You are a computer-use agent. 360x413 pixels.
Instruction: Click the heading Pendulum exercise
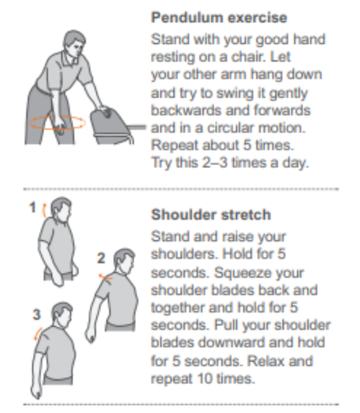219,18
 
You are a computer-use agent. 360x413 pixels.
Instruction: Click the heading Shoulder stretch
211,215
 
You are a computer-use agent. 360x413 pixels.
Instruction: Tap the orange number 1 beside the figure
33,208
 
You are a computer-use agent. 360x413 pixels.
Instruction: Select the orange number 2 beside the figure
101,258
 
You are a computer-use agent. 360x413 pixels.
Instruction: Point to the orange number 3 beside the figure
37,314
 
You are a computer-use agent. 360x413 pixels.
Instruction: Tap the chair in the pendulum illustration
114,126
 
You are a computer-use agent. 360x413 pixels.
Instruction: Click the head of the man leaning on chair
75,43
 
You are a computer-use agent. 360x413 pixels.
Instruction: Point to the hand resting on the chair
105,111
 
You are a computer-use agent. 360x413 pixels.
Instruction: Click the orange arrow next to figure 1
43,210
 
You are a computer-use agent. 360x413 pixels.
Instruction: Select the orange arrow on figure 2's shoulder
106,277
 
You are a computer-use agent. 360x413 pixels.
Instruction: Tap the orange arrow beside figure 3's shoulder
37,334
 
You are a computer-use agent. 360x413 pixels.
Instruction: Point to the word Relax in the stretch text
266,361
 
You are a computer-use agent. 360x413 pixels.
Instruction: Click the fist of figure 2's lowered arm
90,336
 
